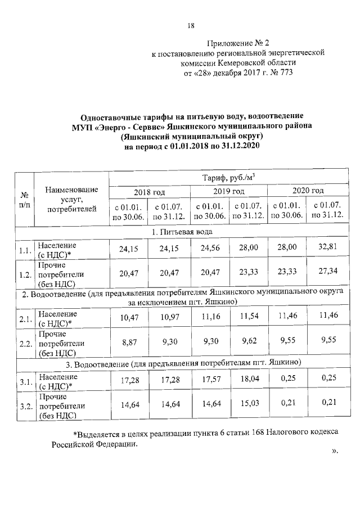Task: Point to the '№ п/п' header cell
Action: (25, 200)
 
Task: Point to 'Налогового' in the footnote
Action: (274, 434)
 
